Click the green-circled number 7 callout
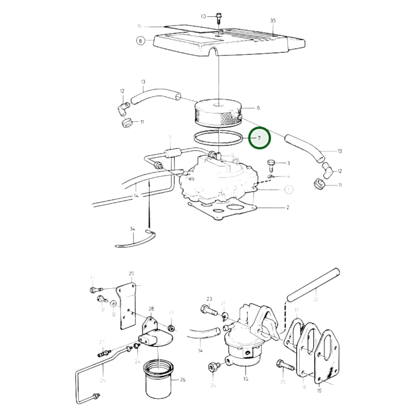(x=259, y=138)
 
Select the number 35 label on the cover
(x=273, y=20)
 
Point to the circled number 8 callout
(x=141, y=41)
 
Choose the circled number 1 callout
(x=289, y=190)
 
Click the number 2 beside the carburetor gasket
(x=287, y=207)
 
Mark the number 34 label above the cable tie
(x=132, y=229)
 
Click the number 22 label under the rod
(x=316, y=299)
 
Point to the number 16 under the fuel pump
(x=245, y=379)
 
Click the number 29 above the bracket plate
(x=132, y=273)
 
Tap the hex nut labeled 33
(x=171, y=328)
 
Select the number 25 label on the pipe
(x=103, y=380)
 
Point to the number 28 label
(x=151, y=309)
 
